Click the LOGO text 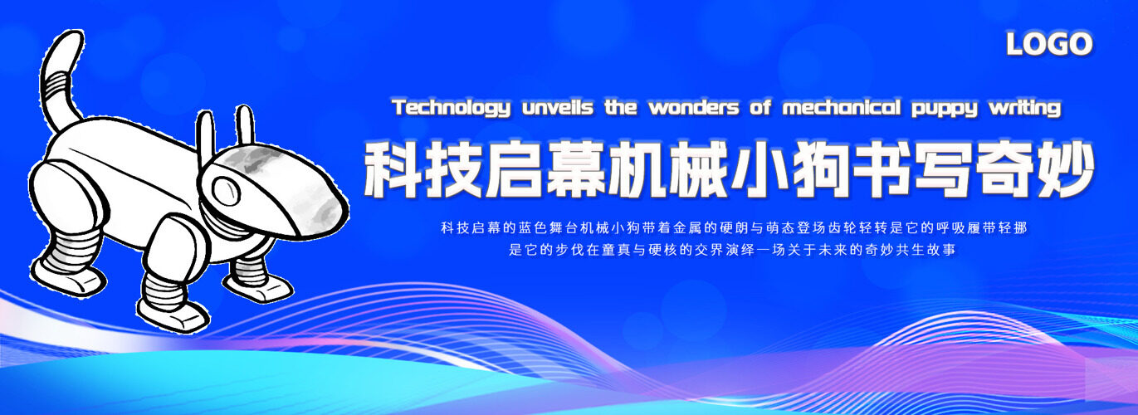[1049, 44]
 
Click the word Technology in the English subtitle [451, 108]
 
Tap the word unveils [557, 108]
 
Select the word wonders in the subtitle [693, 108]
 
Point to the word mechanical [842, 108]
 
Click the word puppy [945, 110]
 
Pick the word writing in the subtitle [1025, 108]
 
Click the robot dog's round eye [225, 190]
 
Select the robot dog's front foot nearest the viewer [173, 315]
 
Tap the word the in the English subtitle [621, 108]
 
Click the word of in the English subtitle [760, 108]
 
